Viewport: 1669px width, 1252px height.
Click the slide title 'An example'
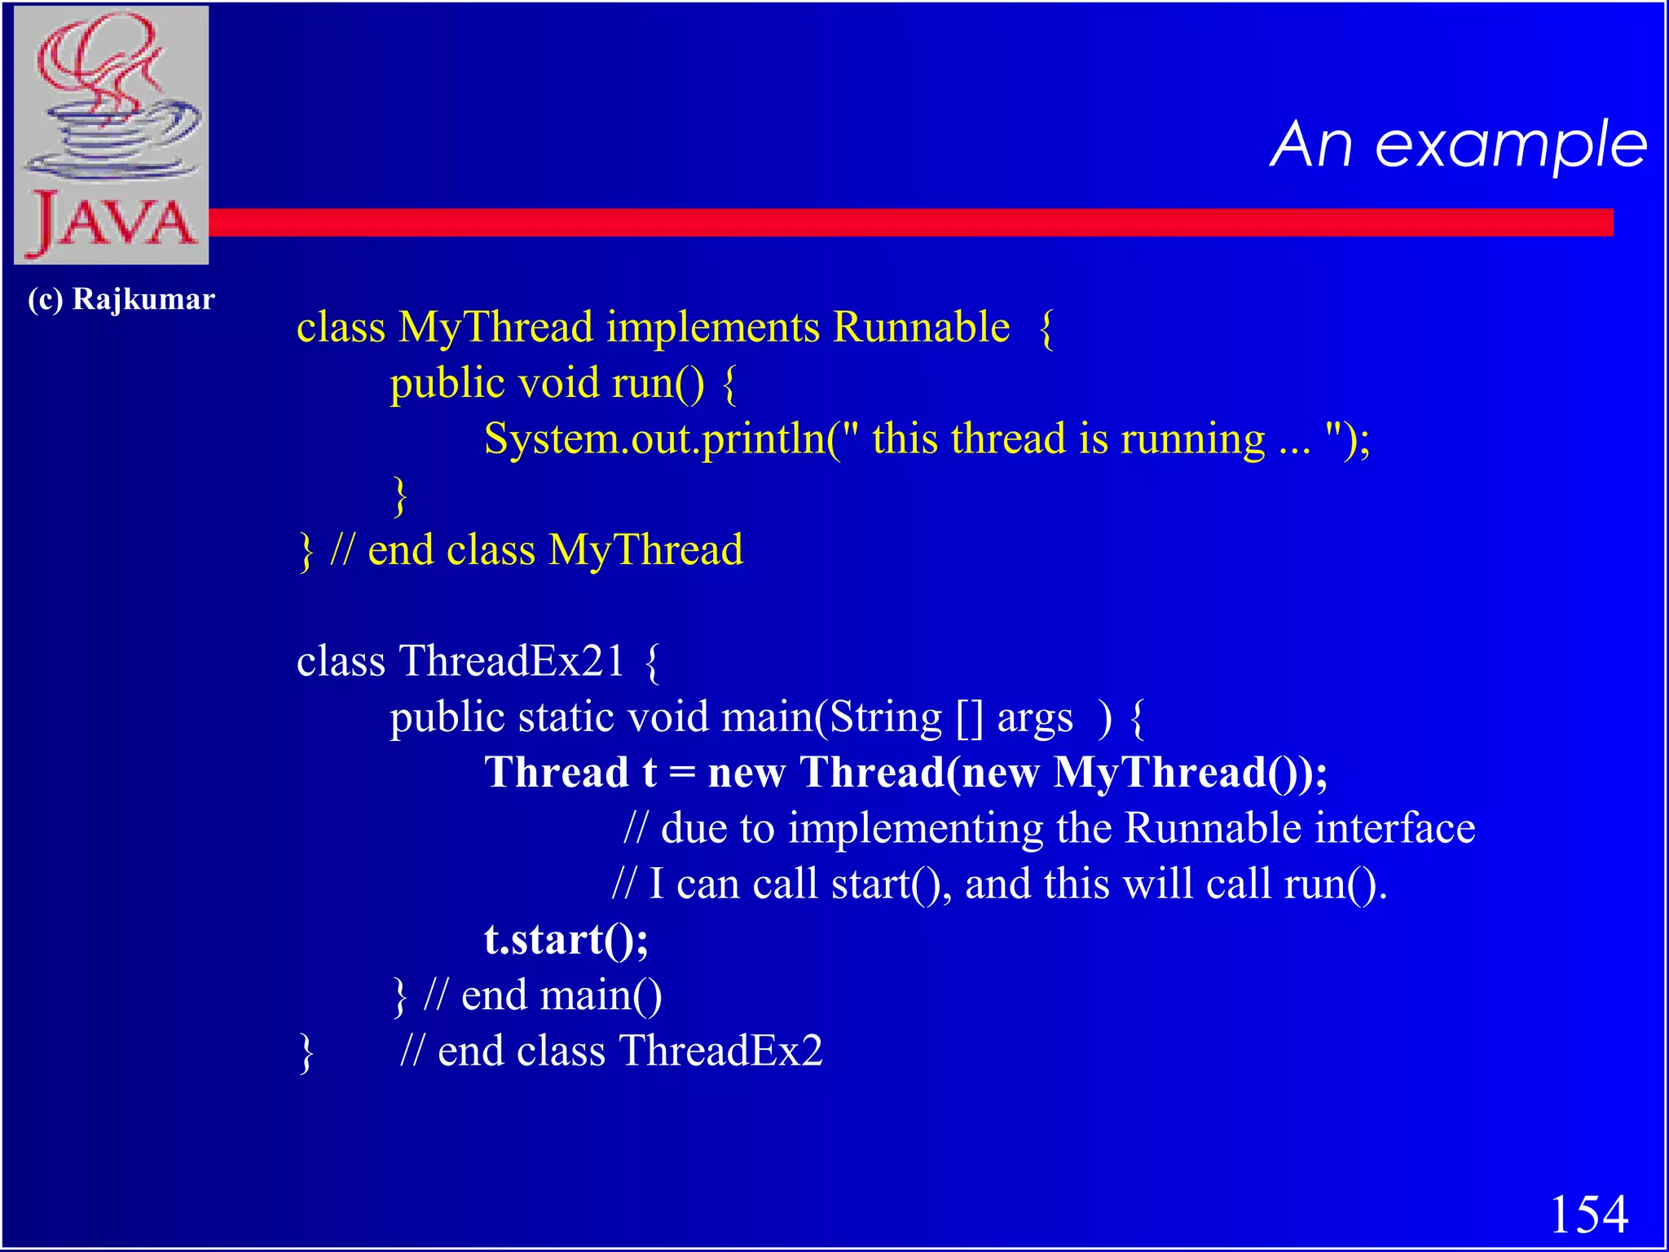coord(1458,145)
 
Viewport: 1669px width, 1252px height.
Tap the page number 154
coord(1588,1215)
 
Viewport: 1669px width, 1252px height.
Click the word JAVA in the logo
coord(112,222)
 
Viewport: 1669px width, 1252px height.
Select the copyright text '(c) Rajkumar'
coord(121,299)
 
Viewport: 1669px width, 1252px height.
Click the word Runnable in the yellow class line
coord(921,328)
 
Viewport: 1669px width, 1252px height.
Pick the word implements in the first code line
coord(713,328)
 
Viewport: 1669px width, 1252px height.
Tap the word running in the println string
coord(1192,439)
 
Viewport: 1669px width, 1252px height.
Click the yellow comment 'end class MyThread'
coord(555,550)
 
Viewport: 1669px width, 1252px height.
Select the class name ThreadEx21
coord(511,661)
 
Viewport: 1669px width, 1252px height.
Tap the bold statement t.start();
coord(566,939)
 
